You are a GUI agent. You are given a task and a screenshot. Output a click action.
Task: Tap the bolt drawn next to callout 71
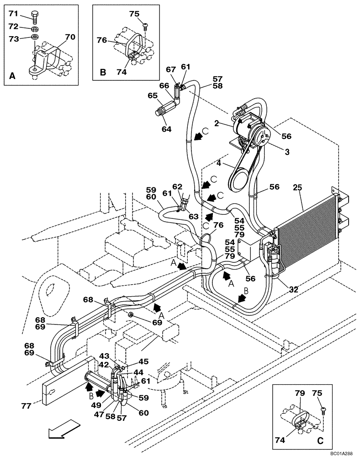(36, 17)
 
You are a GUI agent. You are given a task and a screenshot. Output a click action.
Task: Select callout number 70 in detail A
(70, 37)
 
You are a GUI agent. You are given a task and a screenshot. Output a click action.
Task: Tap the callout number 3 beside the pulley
(286, 152)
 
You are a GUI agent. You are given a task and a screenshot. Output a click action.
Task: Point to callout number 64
(166, 129)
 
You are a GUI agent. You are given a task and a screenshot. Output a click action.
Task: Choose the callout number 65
(152, 96)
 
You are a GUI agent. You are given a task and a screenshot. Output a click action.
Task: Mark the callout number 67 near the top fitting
(170, 69)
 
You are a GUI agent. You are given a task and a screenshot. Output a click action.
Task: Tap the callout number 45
(143, 361)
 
